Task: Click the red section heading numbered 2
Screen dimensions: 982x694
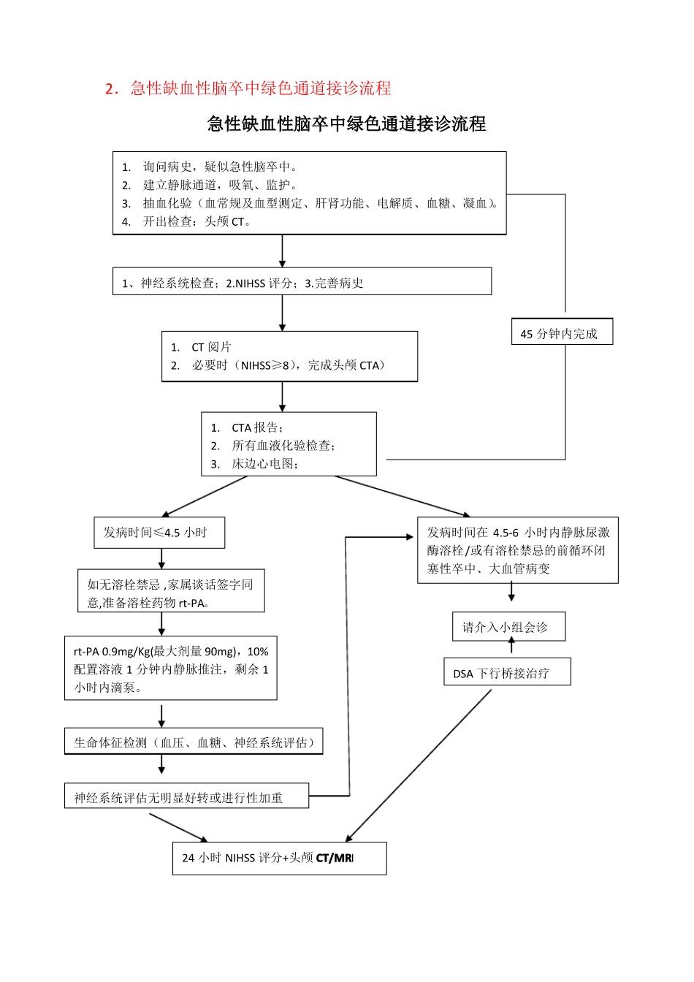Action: pos(248,88)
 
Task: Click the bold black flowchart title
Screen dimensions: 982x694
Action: pos(346,124)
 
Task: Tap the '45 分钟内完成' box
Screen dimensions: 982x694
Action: pos(561,333)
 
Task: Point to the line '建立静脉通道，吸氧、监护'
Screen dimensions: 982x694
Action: pos(219,185)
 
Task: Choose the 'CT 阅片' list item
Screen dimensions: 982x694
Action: pos(211,347)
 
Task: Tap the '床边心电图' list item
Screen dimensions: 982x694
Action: pos(264,464)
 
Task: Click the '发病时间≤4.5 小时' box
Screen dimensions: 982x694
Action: pos(159,533)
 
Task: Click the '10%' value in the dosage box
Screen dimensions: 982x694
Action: pos(258,652)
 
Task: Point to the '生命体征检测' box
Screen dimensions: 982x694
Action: pos(194,742)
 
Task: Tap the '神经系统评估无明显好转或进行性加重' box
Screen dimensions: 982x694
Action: pos(186,797)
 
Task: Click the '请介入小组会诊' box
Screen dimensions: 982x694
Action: pos(508,627)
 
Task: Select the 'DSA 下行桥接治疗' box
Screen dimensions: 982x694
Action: pos(507,673)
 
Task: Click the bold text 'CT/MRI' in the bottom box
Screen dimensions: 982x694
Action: pos(335,858)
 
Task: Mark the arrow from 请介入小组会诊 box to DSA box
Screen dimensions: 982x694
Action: pos(511,645)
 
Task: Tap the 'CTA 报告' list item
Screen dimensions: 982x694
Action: pos(257,427)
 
